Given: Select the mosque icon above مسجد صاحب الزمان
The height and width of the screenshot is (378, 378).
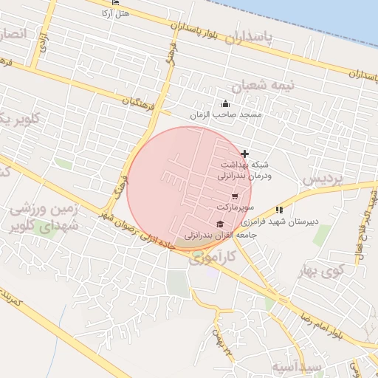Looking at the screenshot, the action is tap(225, 103).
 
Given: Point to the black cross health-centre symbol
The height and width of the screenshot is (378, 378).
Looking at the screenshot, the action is tap(245, 154).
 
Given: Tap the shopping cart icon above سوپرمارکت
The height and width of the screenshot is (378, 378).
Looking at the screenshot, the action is tap(235, 196).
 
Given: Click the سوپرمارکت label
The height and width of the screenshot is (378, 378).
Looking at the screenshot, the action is tap(235, 207).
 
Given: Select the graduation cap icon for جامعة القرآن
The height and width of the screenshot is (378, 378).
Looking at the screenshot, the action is tap(219, 224).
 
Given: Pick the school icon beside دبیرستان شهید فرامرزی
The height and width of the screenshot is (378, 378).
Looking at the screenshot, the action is tap(279, 210).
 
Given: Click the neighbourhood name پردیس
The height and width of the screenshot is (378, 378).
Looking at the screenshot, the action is tap(323, 179).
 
